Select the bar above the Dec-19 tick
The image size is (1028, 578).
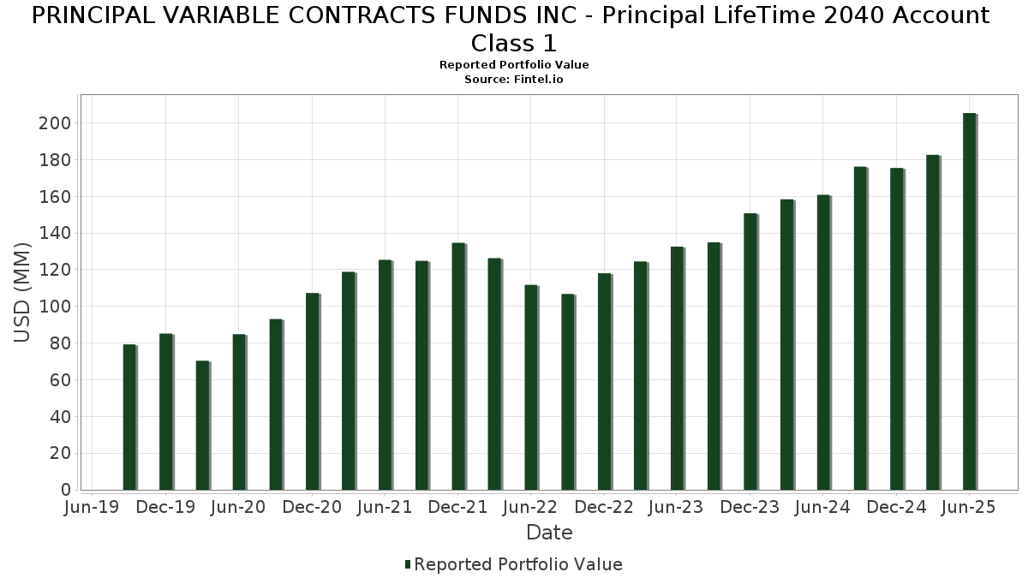click(x=165, y=412)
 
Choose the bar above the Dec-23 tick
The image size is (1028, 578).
click(x=750, y=351)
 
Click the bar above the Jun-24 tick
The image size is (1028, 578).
click(x=823, y=343)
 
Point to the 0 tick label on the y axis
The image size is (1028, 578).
click(x=65, y=490)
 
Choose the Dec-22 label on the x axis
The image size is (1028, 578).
click(x=604, y=507)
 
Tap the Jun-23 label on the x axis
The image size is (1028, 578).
click(x=677, y=507)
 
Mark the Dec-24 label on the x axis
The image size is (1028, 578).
click(x=896, y=507)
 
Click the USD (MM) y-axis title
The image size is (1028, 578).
click(x=23, y=292)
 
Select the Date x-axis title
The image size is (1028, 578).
click(x=549, y=533)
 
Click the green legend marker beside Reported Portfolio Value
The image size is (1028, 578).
click(x=408, y=564)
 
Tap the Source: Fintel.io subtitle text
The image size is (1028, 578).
click(x=514, y=79)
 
